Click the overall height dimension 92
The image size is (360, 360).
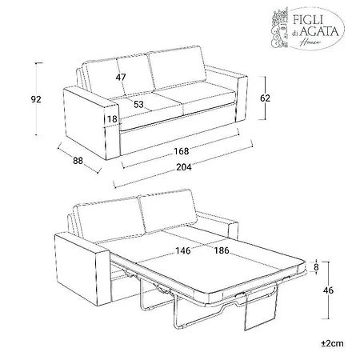pyautogui.click(x=36, y=99)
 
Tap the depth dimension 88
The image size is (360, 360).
pyautogui.click(x=78, y=161)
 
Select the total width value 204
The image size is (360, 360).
pyautogui.click(x=184, y=167)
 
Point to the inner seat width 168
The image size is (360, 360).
pyautogui.click(x=182, y=151)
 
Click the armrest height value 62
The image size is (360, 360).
pyautogui.click(x=265, y=98)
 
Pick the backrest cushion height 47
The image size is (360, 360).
pyautogui.click(x=121, y=77)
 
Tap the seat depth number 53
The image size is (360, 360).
pyautogui.click(x=138, y=104)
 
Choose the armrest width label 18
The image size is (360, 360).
pyautogui.click(x=112, y=119)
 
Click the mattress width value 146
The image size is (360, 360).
pyautogui.click(x=183, y=250)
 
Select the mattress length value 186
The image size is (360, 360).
pyautogui.click(x=222, y=250)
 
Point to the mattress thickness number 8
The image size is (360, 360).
pyautogui.click(x=316, y=267)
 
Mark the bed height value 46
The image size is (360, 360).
pyautogui.click(x=328, y=290)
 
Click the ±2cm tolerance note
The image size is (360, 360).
pyautogui.click(x=332, y=343)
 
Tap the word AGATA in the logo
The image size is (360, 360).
pyautogui.click(x=318, y=31)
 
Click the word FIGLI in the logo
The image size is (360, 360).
pyautogui.click(x=308, y=19)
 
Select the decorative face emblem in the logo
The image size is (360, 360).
pyautogui.click(x=280, y=27)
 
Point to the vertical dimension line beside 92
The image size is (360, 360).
pyautogui.click(x=37, y=99)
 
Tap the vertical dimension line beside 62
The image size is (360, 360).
pyautogui.click(x=265, y=98)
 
